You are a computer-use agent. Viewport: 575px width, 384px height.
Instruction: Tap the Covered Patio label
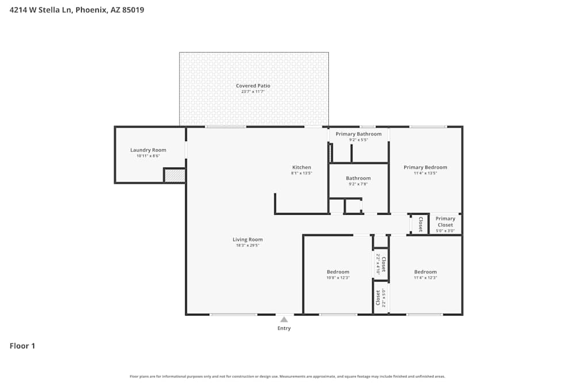coord(253,86)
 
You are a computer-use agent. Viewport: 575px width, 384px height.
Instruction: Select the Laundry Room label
coord(148,150)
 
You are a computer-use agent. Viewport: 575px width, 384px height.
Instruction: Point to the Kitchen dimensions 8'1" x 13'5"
coord(301,173)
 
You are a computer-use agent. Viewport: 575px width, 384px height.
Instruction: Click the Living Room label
coord(247,239)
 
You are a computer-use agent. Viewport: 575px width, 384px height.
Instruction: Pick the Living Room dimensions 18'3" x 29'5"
coord(247,245)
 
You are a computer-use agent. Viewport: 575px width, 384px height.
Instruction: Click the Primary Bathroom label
coord(358,134)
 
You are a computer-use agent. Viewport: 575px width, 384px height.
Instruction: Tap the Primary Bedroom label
coord(425,168)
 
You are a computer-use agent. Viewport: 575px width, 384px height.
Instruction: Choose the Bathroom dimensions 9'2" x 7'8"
coord(358,184)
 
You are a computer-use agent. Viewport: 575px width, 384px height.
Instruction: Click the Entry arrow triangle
coord(284,320)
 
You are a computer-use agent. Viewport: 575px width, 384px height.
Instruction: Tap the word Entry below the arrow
coord(284,329)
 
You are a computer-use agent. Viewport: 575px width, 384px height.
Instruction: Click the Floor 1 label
coord(22,346)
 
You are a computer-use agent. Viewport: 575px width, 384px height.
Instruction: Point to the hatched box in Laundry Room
coord(174,176)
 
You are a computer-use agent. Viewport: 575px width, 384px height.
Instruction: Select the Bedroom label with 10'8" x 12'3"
coord(338,272)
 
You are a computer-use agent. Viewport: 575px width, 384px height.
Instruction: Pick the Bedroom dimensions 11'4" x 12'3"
coord(425,278)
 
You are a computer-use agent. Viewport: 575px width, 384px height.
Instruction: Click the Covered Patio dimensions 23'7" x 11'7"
coord(253,92)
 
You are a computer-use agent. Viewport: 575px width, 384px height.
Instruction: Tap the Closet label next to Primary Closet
coord(420,224)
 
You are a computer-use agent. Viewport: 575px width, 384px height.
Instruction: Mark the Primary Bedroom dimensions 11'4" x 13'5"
coord(425,173)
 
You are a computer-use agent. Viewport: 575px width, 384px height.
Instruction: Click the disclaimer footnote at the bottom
coord(287,377)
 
